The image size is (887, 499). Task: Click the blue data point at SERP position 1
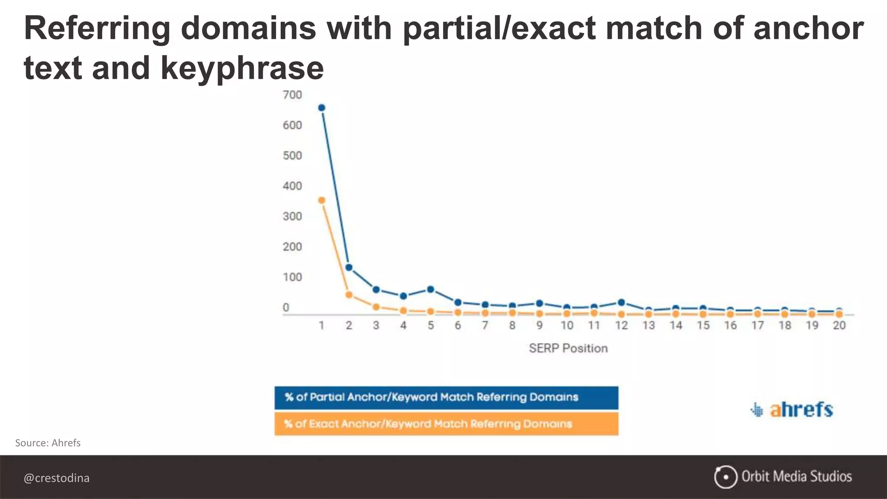(x=321, y=108)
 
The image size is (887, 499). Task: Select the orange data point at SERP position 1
(x=321, y=200)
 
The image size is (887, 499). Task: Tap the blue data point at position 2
(x=349, y=267)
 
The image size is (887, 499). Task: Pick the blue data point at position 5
(x=431, y=289)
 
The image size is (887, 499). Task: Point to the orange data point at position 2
(x=349, y=295)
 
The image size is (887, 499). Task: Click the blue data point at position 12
(x=622, y=302)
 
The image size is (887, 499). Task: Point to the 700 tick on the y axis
(x=292, y=95)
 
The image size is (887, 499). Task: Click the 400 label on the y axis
(x=292, y=186)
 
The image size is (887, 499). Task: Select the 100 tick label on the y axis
(x=292, y=277)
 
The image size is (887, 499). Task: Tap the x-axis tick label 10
(x=567, y=325)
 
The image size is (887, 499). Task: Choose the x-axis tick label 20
(x=839, y=325)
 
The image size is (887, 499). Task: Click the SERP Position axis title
(x=568, y=348)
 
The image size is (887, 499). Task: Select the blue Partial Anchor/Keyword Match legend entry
(x=446, y=398)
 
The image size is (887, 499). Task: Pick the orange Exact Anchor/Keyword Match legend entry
(x=446, y=424)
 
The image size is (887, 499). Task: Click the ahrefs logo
(x=792, y=409)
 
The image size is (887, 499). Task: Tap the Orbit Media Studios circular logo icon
(x=725, y=477)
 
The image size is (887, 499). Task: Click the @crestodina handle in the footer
(x=57, y=478)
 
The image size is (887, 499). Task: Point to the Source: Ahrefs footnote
(x=48, y=443)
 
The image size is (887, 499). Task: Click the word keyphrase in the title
(x=242, y=68)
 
